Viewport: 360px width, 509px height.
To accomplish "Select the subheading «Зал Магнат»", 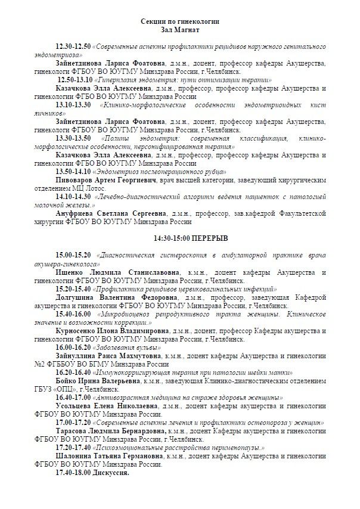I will point(179,29).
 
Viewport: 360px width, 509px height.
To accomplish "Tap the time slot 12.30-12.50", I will point(73,46).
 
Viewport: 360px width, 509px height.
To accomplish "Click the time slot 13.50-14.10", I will point(73,170).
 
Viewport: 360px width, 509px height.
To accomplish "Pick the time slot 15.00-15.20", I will point(73,255).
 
